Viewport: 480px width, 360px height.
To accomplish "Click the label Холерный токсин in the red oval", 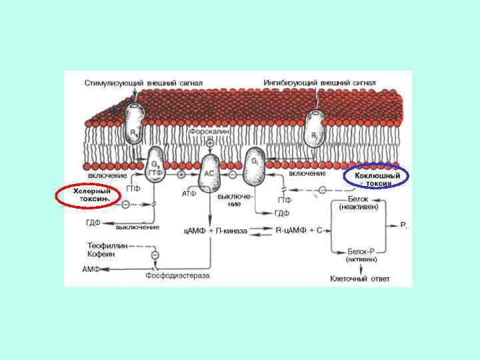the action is point(87,195).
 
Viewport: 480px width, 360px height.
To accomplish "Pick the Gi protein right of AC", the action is point(255,167).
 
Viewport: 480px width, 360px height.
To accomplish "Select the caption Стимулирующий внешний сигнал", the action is point(143,83).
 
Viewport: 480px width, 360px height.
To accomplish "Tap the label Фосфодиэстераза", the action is point(177,275).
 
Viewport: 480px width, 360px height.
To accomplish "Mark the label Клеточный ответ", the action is point(361,278).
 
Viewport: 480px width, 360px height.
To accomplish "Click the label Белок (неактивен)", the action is point(359,203).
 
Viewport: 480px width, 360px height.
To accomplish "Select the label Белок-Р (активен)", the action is point(360,256).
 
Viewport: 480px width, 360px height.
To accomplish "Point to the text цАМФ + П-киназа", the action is point(215,231).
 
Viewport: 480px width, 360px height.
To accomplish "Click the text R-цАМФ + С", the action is point(299,230).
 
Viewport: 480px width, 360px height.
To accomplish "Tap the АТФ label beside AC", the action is point(189,193).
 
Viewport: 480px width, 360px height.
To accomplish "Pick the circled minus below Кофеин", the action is point(155,255).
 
